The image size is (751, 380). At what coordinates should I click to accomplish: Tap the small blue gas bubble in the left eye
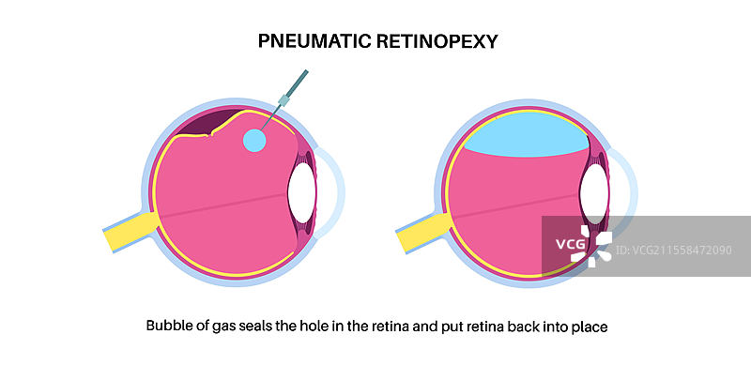(x=254, y=141)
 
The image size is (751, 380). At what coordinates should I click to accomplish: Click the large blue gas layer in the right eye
(x=526, y=139)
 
